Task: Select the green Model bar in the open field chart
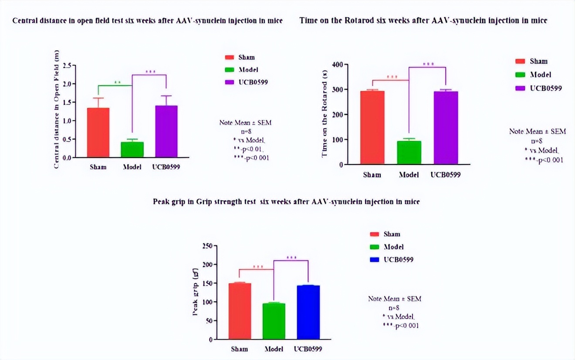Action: [132, 149]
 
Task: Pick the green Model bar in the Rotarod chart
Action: [409, 152]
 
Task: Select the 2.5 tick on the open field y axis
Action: [66, 66]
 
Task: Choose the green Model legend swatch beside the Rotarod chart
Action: [520, 75]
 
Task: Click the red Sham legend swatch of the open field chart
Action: [230, 57]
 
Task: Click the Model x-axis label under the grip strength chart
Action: [274, 349]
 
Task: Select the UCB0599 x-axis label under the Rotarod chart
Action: [445, 175]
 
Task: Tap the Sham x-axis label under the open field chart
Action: [98, 167]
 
